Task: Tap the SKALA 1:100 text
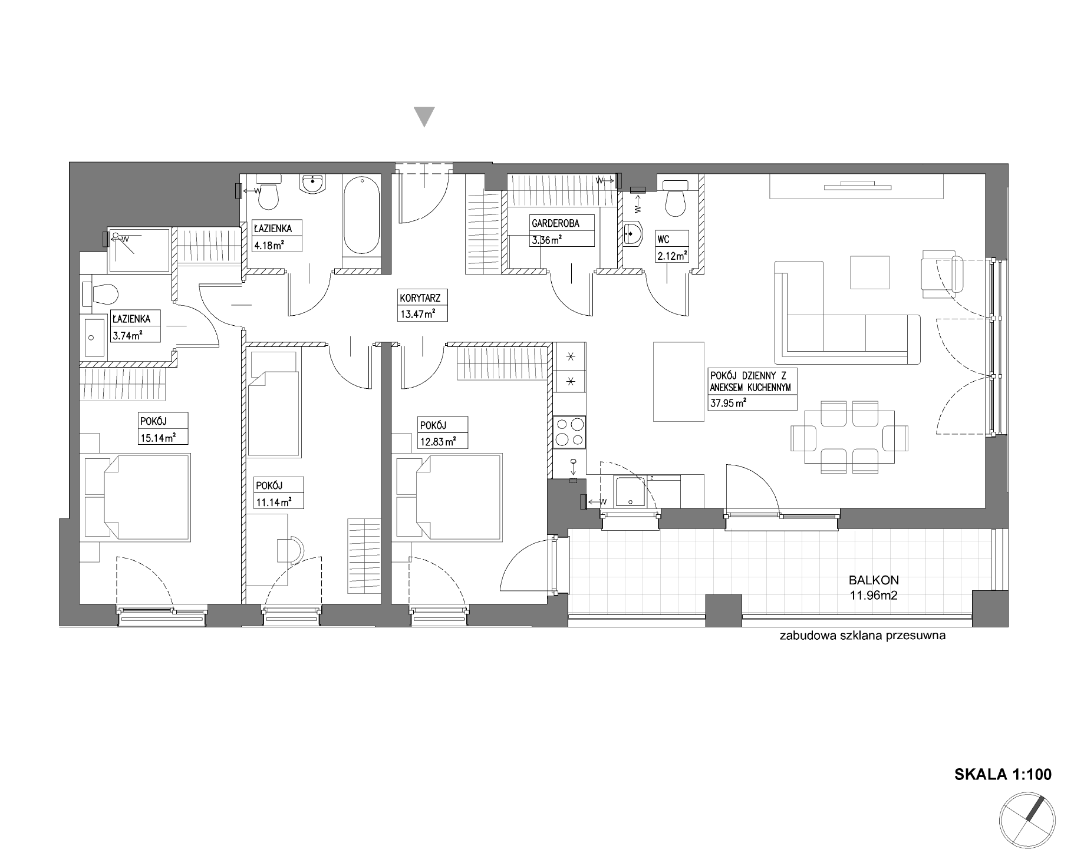(1003, 774)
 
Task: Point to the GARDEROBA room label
(555, 224)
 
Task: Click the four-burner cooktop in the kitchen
(569, 432)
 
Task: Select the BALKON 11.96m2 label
(874, 587)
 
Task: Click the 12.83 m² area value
(437, 441)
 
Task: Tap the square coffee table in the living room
(869, 272)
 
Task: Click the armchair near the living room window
(942, 274)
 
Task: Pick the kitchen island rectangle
(679, 382)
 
